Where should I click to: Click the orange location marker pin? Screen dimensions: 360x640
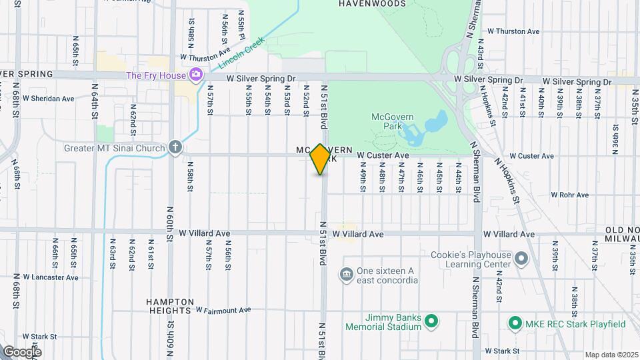(321, 159)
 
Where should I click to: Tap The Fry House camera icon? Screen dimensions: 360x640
(196, 75)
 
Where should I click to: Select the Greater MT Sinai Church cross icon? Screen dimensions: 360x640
(175, 147)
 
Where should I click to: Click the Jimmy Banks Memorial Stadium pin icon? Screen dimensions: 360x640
(431, 321)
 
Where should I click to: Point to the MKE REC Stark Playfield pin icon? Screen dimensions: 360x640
(515, 324)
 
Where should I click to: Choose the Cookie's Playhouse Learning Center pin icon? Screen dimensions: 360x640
(522, 258)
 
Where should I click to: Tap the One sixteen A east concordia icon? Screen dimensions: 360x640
(346, 275)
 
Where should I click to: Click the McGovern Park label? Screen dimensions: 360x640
(393, 122)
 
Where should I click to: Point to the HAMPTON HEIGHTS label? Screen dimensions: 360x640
(171, 306)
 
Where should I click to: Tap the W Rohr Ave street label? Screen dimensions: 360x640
(569, 195)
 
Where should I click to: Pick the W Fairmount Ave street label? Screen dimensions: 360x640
(223, 310)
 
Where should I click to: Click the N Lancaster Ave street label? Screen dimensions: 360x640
(51, 277)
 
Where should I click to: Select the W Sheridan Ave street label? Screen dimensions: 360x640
(48, 99)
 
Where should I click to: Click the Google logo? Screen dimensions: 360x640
(21, 351)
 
